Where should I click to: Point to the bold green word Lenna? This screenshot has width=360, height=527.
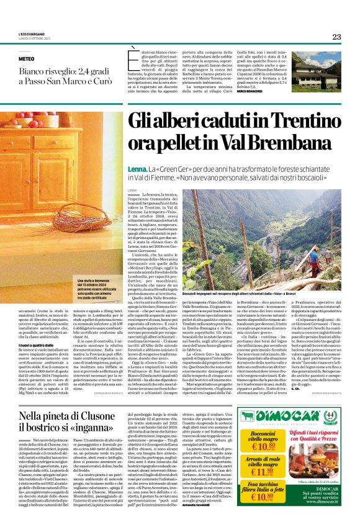tap(136, 168)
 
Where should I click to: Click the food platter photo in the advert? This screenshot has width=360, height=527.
tap(310, 472)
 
